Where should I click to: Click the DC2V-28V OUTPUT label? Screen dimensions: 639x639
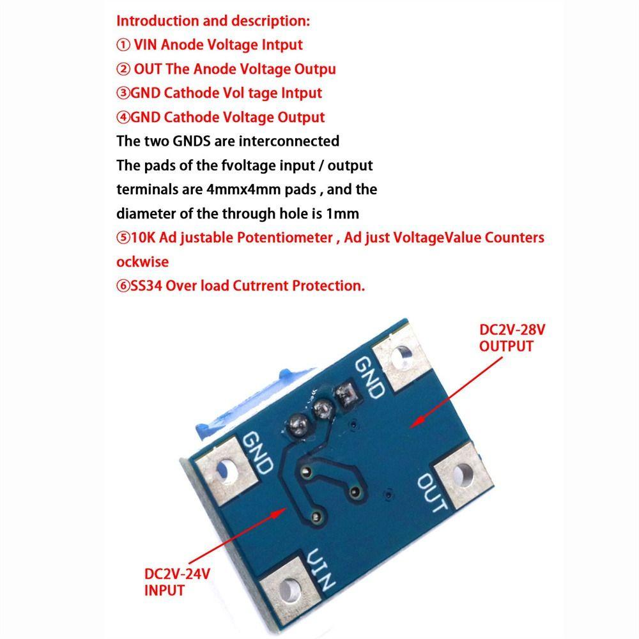[507, 339]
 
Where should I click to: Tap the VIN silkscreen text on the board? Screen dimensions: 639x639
[321, 570]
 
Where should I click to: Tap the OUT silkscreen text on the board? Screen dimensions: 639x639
[432, 493]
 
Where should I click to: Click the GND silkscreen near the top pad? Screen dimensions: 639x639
[369, 377]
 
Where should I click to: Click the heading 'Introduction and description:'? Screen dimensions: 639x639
[213, 20]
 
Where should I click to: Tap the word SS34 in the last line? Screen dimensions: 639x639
[146, 286]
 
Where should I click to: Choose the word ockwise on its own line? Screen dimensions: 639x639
[142, 262]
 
